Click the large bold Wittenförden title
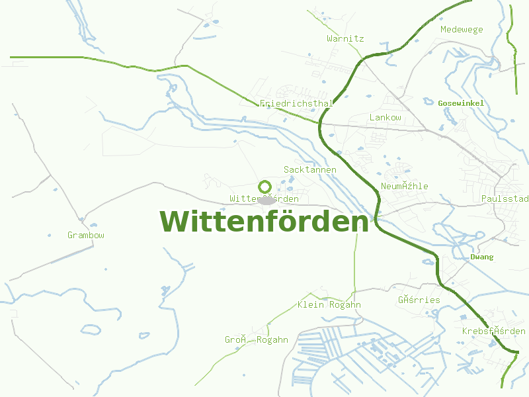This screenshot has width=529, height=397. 264,222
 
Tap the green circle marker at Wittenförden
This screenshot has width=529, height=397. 264,187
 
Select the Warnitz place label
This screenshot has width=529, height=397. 345,38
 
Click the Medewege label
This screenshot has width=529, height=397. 462,29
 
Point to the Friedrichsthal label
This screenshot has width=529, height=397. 296,104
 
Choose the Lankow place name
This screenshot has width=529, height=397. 385,117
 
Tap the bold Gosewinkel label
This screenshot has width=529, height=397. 461,103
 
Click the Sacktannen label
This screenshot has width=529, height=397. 310,169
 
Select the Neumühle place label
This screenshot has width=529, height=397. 404,186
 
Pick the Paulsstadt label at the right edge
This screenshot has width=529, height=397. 505,198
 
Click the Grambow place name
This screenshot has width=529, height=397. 86,235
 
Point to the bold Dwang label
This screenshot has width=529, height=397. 481,257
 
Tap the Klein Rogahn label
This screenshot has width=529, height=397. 329,304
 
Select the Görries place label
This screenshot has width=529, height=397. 419,300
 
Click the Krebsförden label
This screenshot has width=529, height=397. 493,331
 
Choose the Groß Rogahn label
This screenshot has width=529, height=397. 256,339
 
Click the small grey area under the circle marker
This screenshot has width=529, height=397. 267,199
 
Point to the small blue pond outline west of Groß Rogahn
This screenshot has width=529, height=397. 90,328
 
